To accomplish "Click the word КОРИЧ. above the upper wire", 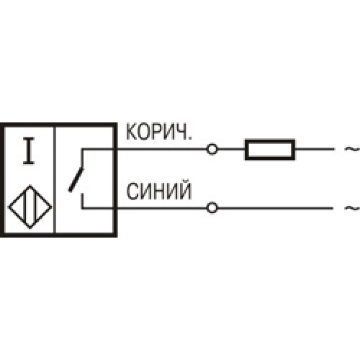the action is pyautogui.click(x=159, y=132).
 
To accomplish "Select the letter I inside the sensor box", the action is pyautogui.click(x=29, y=151).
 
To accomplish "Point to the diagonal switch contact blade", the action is pyautogui.click(x=76, y=180).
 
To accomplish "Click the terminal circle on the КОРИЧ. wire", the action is pyautogui.click(x=212, y=149).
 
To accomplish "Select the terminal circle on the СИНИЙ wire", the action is pyautogui.click(x=212, y=208).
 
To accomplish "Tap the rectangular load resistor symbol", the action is pyautogui.click(x=270, y=149).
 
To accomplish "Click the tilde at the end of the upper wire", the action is pyautogui.click(x=352, y=149).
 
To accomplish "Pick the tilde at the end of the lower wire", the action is pyautogui.click(x=352, y=208).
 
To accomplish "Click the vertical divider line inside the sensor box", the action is pyautogui.click(x=55, y=180).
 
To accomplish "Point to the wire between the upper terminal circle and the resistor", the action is pyautogui.click(x=231, y=149).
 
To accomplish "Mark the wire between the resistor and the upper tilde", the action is pyautogui.click(x=315, y=149).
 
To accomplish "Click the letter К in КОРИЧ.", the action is pyautogui.click(x=131, y=132).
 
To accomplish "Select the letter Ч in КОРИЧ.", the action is pyautogui.click(x=181, y=132).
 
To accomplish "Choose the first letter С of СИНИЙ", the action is pyautogui.click(x=132, y=192).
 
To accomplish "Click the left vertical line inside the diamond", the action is pyautogui.click(x=26, y=207).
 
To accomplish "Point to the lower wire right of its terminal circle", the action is pyautogui.click(x=275, y=208).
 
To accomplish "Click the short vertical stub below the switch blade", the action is pyautogui.click(x=82, y=201).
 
